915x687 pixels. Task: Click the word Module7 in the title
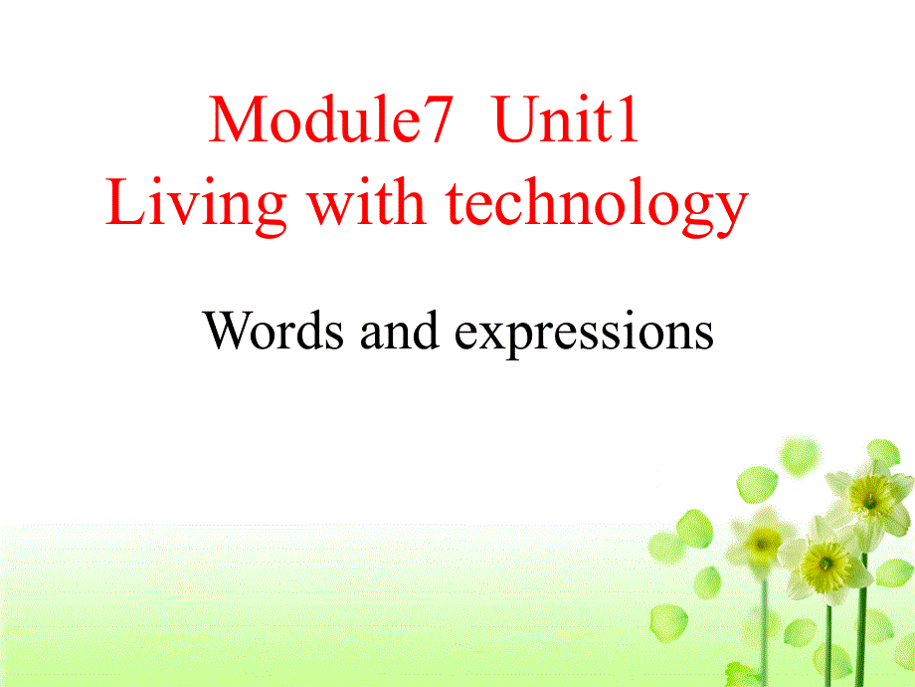332,120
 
